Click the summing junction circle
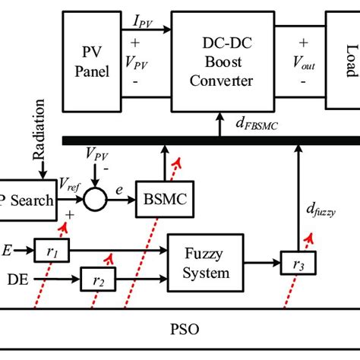click(x=96, y=201)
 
